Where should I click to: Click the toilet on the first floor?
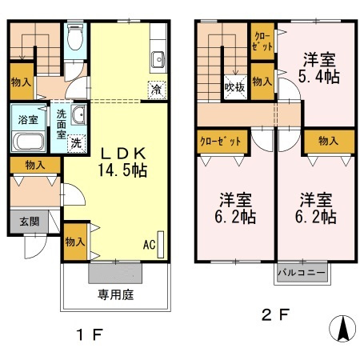[75, 37]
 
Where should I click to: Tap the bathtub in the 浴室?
[28, 142]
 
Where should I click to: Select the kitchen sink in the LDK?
[158, 59]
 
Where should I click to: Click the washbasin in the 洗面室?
[78, 114]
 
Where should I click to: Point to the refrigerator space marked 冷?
[157, 90]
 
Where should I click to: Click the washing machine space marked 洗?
[76, 143]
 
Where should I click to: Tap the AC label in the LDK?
[149, 245]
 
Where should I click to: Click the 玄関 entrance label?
[30, 222]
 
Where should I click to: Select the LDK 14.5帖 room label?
[122, 162]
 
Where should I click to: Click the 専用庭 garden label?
[115, 294]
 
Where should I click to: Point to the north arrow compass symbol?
[342, 328]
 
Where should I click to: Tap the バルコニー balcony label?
[302, 273]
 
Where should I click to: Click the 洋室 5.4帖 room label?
[318, 69]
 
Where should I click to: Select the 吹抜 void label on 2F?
[234, 87]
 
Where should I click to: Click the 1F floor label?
[90, 334]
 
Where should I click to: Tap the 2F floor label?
[275, 314]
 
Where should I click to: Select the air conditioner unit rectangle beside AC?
[161, 245]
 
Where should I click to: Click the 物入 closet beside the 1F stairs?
[22, 82]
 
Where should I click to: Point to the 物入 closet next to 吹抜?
[262, 82]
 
